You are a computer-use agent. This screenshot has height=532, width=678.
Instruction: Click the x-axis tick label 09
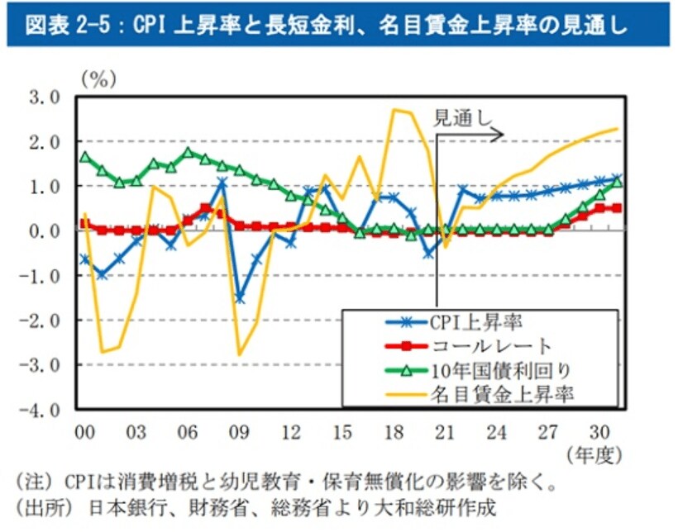(239, 430)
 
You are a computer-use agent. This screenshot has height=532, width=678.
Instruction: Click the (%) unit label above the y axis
(98, 78)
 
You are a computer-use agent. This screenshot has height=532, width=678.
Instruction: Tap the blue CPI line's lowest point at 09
(240, 297)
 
